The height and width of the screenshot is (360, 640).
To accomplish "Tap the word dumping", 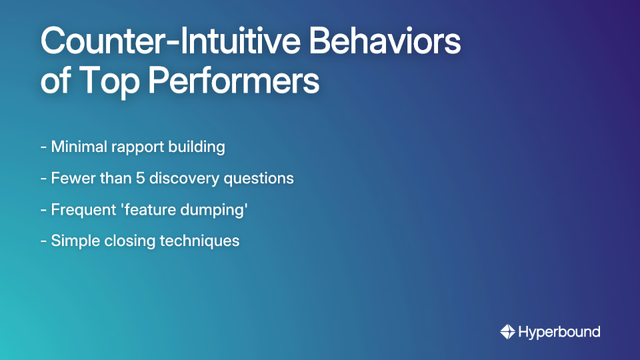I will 212,210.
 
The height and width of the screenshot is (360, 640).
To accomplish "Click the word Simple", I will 74,241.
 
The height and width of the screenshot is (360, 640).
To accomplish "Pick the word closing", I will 129,241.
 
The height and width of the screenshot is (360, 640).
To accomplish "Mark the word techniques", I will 199,241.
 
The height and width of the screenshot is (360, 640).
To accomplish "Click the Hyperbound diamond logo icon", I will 507,331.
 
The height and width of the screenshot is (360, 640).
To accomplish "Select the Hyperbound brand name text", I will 559,331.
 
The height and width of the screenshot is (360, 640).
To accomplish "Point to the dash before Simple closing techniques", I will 43,241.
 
